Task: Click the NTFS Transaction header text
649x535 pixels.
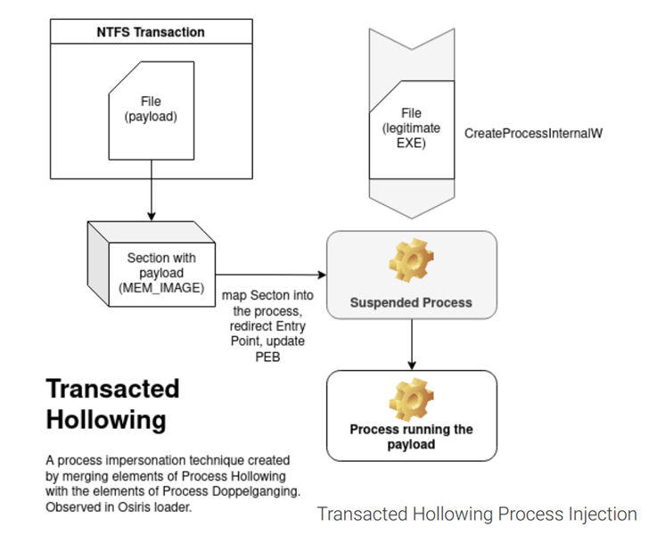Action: click(x=151, y=32)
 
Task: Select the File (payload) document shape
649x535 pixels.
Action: click(x=152, y=111)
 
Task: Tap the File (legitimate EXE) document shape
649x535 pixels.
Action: click(x=412, y=129)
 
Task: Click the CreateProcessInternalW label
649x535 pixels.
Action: click(x=533, y=134)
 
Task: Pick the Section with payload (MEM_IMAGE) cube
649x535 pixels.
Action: click(x=152, y=264)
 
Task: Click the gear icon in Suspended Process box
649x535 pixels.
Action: click(x=412, y=260)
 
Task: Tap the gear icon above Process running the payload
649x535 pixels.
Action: click(x=412, y=399)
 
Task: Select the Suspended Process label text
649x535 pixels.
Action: click(x=411, y=302)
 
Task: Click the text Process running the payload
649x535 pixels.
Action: click(x=412, y=437)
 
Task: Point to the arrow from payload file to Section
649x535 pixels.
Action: click(x=152, y=191)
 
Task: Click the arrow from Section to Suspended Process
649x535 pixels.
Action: click(x=271, y=275)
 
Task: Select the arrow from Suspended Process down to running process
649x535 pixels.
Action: click(x=412, y=344)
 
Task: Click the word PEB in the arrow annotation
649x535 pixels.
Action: click(x=267, y=357)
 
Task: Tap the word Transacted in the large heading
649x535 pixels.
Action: click(x=112, y=389)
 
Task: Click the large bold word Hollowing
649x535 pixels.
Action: click(x=106, y=420)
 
